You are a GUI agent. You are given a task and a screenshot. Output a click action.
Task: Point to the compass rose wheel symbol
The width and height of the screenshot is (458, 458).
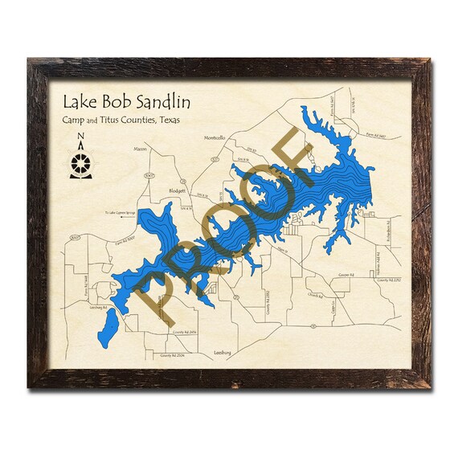pos(80,163)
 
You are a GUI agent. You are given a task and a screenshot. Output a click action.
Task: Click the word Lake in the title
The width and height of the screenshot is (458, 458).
pos(80,103)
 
